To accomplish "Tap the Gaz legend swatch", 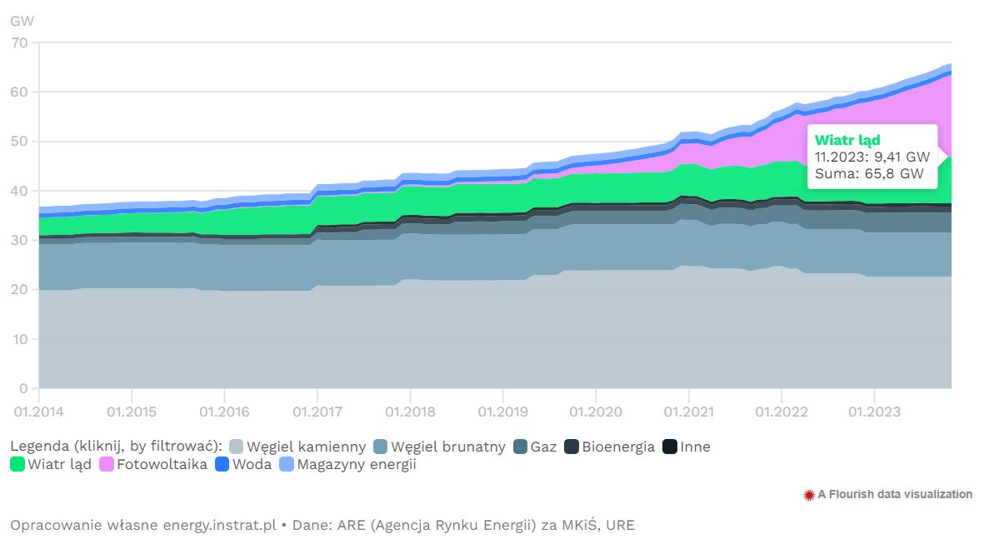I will [x=521, y=447].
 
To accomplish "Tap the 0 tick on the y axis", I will [x=22, y=388].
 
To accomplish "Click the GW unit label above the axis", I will [x=22, y=20].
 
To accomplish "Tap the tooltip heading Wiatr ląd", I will [x=847, y=140].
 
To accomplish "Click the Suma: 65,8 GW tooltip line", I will [x=869, y=174].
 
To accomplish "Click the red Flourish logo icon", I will [x=808, y=495].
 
